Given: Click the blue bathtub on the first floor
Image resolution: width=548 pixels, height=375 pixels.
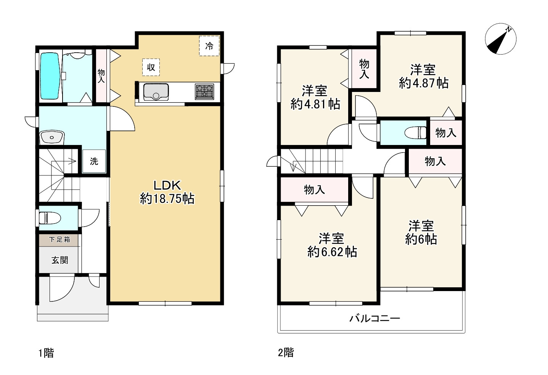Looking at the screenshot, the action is (50, 76).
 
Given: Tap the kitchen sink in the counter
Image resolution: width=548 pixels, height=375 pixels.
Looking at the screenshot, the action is (156, 92).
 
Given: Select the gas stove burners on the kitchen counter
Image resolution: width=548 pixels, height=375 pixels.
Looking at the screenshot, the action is (204, 92).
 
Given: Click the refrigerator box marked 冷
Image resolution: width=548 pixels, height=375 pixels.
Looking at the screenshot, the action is (209, 46).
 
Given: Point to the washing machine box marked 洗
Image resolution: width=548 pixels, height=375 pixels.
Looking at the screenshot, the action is (94, 161).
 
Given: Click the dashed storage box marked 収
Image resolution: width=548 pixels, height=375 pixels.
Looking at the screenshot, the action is (151, 67).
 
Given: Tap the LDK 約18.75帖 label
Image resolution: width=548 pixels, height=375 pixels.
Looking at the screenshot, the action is (167, 192).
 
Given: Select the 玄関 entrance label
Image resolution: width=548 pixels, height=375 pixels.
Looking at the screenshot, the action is (60, 260).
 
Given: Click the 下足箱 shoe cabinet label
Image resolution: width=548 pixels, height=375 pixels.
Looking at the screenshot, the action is (60, 239).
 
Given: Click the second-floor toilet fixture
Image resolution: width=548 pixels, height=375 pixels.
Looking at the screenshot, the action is (415, 133).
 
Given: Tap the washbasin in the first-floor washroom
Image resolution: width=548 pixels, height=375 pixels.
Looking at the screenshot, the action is (52, 137).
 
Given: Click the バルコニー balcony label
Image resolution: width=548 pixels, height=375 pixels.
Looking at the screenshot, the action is (374, 319).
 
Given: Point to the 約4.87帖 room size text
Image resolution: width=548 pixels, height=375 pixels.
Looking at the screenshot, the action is (424, 83).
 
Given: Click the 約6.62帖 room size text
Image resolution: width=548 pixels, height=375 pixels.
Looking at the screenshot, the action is (332, 252).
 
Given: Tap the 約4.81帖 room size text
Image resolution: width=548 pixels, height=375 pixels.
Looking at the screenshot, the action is (315, 104).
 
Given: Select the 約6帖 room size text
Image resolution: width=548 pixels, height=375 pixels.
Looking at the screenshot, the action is (421, 239).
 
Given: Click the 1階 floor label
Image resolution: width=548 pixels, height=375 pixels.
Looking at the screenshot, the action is (46, 353).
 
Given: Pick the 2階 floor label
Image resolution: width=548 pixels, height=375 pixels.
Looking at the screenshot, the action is (286, 352).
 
